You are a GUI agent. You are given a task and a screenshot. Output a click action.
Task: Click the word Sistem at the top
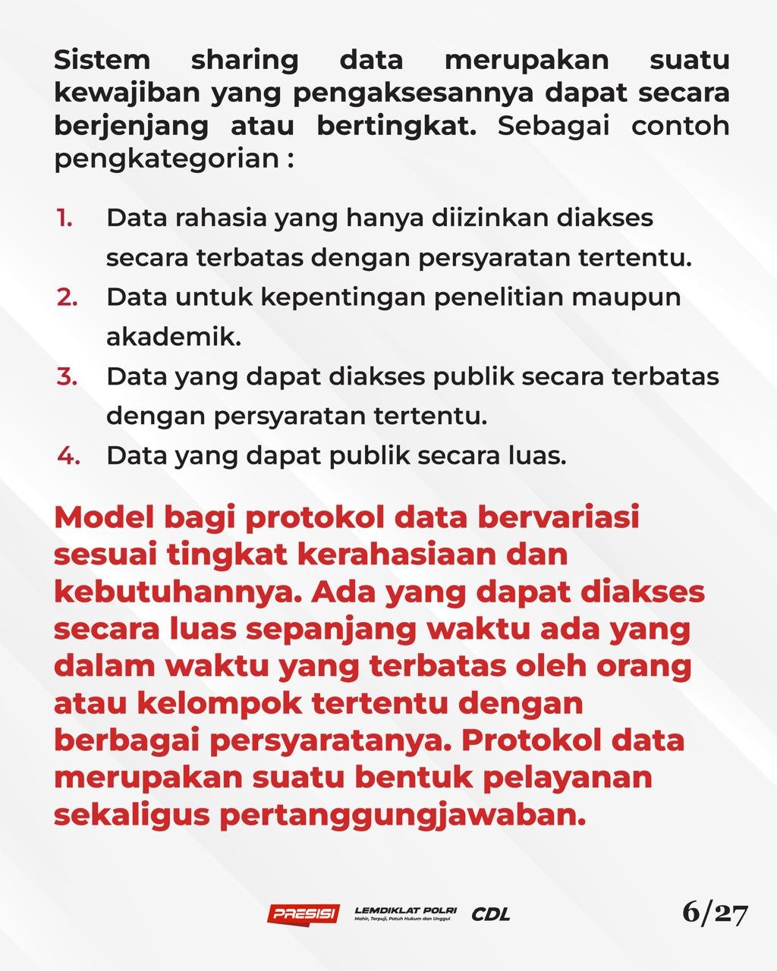[102, 59]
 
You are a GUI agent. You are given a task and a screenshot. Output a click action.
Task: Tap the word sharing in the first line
[244, 61]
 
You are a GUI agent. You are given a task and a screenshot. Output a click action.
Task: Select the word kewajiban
[127, 93]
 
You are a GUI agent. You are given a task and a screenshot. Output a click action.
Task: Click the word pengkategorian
[166, 160]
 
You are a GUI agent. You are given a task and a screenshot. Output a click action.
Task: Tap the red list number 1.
[64, 218]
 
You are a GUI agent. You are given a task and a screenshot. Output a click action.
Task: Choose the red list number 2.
[67, 297]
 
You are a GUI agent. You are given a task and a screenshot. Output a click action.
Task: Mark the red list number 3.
[67, 376]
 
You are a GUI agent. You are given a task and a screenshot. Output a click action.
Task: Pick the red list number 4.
[68, 456]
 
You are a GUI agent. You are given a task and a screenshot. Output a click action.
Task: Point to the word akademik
[173, 337]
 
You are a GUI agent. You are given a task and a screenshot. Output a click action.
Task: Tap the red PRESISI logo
[304, 913]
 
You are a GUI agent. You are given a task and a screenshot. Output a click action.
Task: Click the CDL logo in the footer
[491, 914]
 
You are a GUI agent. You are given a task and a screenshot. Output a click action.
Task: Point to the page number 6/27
[715, 913]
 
